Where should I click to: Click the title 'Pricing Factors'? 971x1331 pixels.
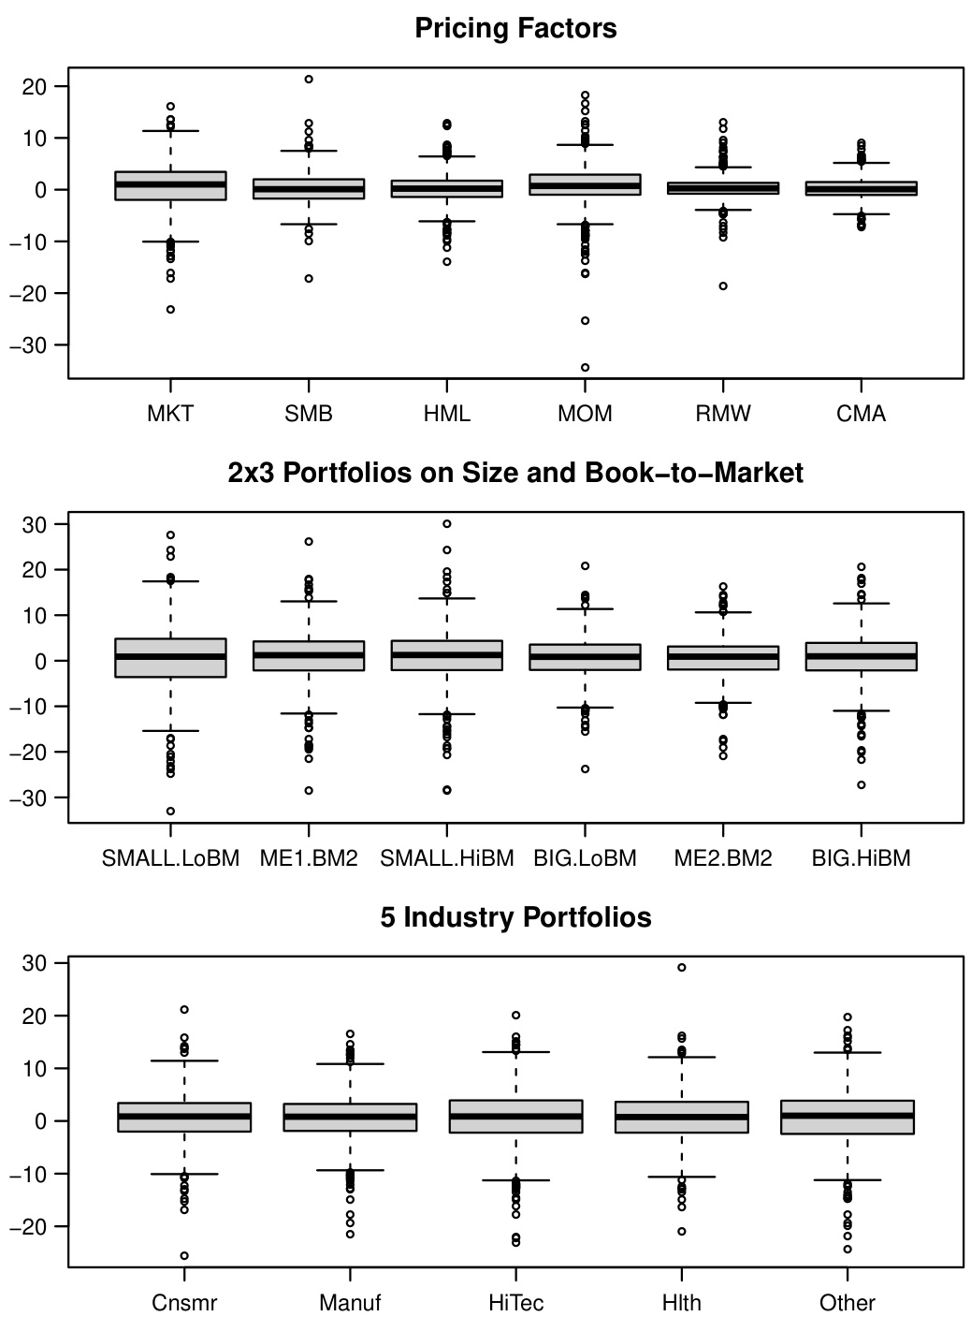point(515,29)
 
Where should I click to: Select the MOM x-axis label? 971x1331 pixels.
point(585,414)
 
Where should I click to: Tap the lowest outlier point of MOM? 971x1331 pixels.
point(586,367)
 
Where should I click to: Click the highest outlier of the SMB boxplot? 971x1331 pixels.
point(309,80)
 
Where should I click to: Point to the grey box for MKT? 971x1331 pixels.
point(170,186)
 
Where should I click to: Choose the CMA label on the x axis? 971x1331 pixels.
point(861,414)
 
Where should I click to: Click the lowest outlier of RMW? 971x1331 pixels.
point(723,286)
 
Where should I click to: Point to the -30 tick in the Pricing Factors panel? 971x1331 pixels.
point(38,345)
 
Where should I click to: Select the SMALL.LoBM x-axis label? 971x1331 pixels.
point(170,858)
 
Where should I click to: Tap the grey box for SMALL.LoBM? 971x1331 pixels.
point(170,658)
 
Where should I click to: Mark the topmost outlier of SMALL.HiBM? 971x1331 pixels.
point(447,524)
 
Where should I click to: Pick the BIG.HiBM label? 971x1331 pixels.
point(861,858)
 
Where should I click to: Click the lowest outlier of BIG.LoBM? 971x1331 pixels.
point(586,769)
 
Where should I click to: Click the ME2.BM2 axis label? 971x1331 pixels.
point(723,858)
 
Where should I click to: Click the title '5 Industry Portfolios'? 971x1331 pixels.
point(515,917)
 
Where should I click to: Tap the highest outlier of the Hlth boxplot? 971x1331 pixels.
point(682,968)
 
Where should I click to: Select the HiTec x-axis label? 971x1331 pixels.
point(515,1303)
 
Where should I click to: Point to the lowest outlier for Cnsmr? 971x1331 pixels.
point(184,1256)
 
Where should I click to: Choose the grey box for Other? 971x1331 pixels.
point(848,1118)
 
